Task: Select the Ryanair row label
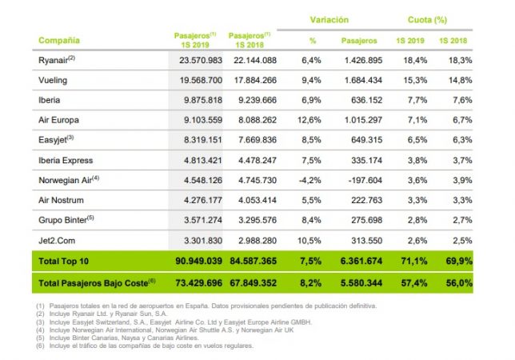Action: coord(55,60)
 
